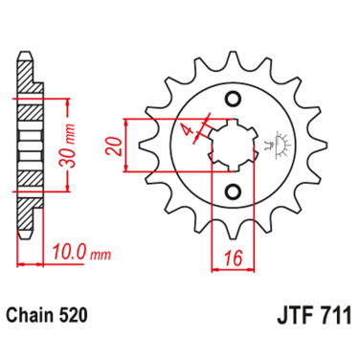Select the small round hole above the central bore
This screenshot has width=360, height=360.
(x=233, y=100)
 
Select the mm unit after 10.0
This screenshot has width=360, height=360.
(x=99, y=254)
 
